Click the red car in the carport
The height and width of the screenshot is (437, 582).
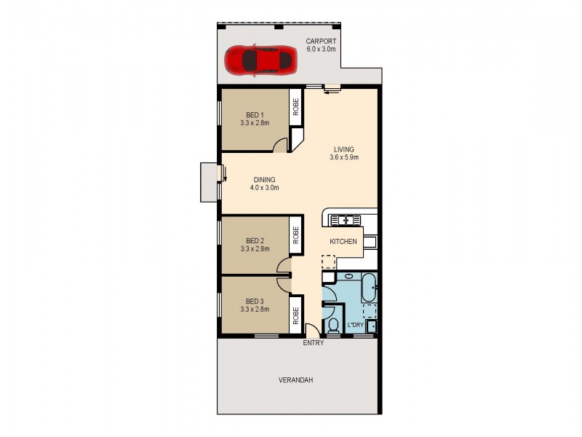coord(260,59)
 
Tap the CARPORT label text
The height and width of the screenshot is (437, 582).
coord(321,42)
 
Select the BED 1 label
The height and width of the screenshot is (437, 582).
coord(255,115)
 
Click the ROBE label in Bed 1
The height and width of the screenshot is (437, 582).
coord(296,108)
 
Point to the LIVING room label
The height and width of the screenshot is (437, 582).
coord(344,149)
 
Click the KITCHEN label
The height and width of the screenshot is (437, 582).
coord(343,241)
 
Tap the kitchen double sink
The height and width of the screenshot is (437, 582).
coord(342,219)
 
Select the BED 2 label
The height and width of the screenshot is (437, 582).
coord(255,240)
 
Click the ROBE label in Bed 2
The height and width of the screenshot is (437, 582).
coord(296,234)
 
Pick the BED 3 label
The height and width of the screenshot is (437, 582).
coord(255,301)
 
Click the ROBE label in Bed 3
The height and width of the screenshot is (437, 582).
coord(296,315)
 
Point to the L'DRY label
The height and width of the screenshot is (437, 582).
coord(356,324)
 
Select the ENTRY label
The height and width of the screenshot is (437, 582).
coord(314,342)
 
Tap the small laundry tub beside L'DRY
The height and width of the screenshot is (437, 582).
coord(371,326)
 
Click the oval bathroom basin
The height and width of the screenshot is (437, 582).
coord(347,277)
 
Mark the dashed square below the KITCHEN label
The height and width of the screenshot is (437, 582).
coord(329,261)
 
